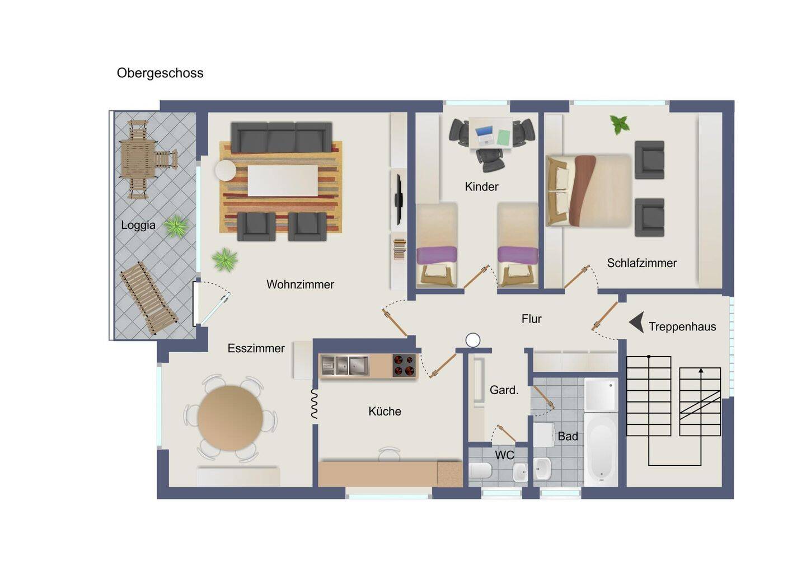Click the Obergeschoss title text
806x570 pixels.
coord(160,73)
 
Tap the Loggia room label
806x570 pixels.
coord(138,225)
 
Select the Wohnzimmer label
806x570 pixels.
coord(300,284)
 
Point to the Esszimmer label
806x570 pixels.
coord(256,348)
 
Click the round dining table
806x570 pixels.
coord(230,418)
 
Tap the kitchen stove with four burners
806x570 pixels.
coord(404,365)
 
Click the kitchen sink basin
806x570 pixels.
coord(345,365)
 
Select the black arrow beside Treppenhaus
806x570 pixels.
coord(636,322)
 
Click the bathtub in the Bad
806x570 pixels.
coord(601,449)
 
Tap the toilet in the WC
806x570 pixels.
coord(480,470)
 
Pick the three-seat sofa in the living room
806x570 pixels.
coord(282,138)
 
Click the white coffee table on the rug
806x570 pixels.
coord(283,181)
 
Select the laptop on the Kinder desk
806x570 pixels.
coord(484,135)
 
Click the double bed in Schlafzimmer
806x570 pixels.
coord(589,191)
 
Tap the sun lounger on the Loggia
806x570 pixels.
coord(149,298)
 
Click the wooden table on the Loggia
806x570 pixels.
coord(138,160)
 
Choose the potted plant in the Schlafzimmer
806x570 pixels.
coord(619,125)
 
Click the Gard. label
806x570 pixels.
coord(504,390)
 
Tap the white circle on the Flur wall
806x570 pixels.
coord(473,340)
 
